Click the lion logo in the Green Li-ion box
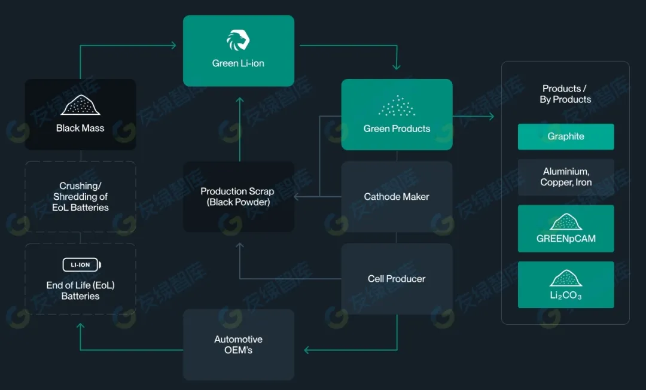click(237, 40)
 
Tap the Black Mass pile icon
click(80, 105)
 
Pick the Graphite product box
click(566, 136)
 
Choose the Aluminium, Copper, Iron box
click(566, 177)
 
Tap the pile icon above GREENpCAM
click(566, 222)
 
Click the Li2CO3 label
click(566, 296)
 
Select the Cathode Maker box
click(397, 196)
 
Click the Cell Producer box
click(397, 279)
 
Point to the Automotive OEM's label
click(238, 345)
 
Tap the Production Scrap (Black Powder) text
click(237, 197)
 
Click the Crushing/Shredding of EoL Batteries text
click(80, 197)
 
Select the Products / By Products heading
click(565, 94)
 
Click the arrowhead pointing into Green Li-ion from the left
click(173, 45)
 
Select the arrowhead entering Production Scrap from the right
click(298, 197)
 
